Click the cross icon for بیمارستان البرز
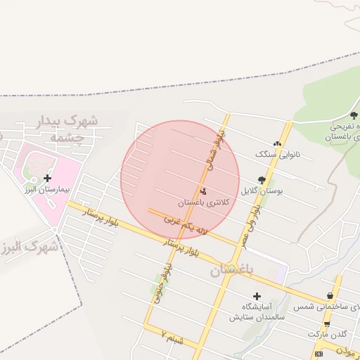coord(48,178)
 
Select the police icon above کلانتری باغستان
coord(204,191)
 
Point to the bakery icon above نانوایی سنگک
coord(277,144)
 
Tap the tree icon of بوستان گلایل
coord(263,180)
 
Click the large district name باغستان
coord(234,269)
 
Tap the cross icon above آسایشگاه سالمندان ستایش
coord(257,296)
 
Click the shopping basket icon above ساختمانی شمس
coord(330,296)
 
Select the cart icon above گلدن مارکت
coord(327,324)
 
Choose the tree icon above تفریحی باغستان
coord(354,115)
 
